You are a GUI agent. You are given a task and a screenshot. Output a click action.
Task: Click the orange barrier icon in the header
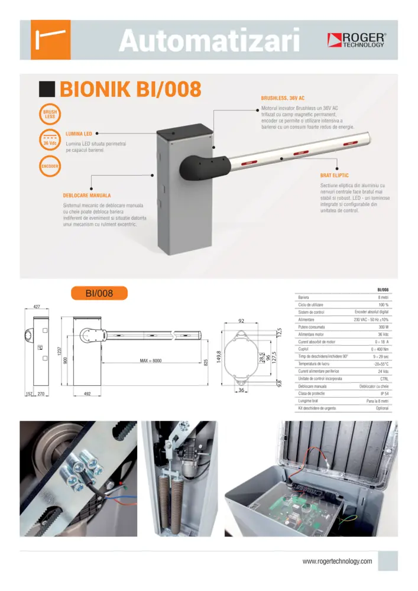pyautogui.click(x=51, y=40)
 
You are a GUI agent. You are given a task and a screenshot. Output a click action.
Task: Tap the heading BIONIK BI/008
pyautogui.click(x=131, y=90)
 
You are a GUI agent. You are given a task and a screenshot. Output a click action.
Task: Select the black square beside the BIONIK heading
pyautogui.click(x=47, y=90)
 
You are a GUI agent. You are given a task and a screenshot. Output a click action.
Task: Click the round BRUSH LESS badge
pyautogui.click(x=50, y=114)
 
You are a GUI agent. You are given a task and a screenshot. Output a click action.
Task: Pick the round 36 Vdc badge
pyautogui.click(x=50, y=141)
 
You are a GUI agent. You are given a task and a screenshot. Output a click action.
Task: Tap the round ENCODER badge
pyautogui.click(x=50, y=167)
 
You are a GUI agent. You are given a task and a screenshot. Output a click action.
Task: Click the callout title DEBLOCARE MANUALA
pyautogui.click(x=87, y=195)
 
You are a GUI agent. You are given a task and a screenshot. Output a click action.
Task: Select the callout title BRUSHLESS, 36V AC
pyautogui.click(x=283, y=98)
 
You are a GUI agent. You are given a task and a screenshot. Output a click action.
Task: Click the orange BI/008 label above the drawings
pyautogui.click(x=99, y=293)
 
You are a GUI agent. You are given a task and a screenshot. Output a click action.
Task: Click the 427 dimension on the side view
pyautogui.click(x=37, y=307)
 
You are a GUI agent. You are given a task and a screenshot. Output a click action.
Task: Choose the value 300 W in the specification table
pyautogui.click(x=383, y=327)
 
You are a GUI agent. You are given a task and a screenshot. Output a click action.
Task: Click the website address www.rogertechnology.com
pyautogui.click(x=337, y=561)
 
